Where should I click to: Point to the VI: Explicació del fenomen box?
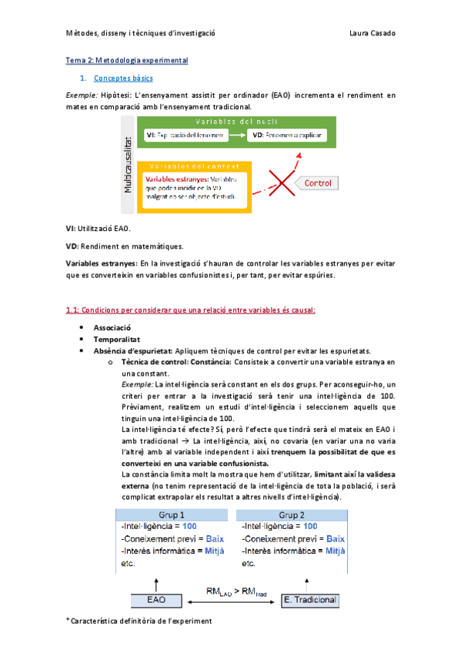pos(185,136)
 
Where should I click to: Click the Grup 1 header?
pos(169,514)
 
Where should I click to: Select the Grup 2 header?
pos(292,514)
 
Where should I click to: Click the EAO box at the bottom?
pos(155,598)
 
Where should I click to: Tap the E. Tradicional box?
pos(304,598)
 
